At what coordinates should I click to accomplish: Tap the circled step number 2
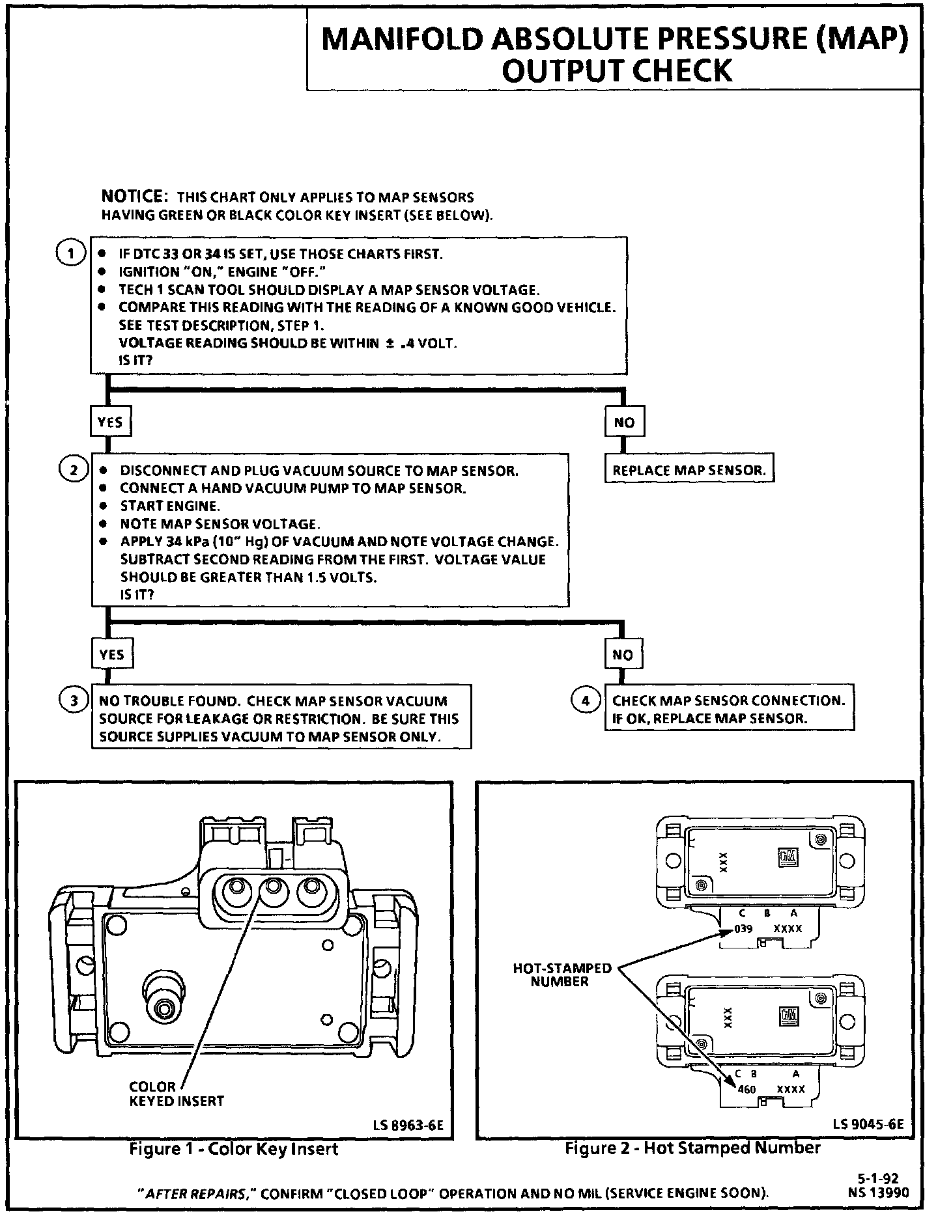click(x=73, y=470)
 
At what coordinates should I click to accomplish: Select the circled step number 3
click(x=74, y=700)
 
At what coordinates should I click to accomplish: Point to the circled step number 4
click(x=585, y=700)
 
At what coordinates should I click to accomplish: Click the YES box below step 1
click(x=109, y=422)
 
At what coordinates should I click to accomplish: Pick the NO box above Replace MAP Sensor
click(x=623, y=422)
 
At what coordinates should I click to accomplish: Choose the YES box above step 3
click(x=111, y=654)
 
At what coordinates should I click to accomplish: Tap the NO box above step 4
click(x=623, y=654)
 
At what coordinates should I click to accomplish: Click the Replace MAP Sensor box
click(x=689, y=470)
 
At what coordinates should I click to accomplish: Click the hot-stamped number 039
click(x=743, y=928)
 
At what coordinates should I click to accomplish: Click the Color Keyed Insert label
click(x=176, y=1094)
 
